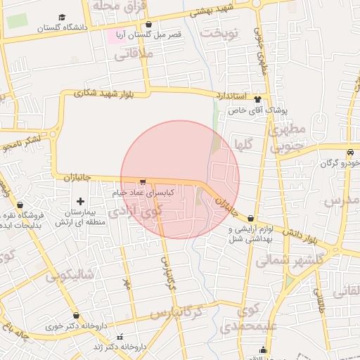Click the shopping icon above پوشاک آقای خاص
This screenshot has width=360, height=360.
click(x=257, y=99)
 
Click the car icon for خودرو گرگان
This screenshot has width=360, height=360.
click(x=349, y=153)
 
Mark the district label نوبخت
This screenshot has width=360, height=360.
click(x=219, y=33)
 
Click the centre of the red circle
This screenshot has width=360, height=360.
click(x=180, y=179)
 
